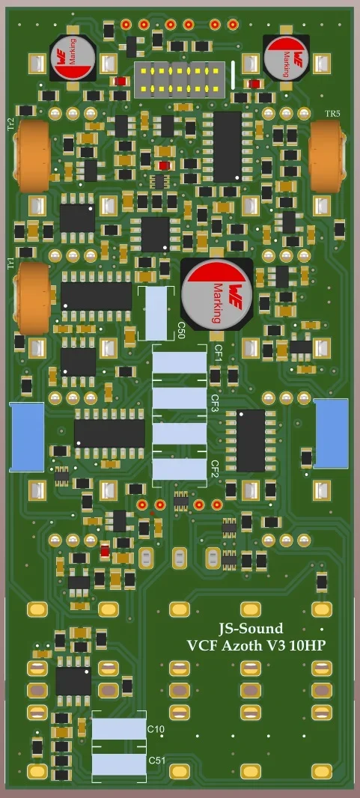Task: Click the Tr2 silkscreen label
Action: [x=10, y=124]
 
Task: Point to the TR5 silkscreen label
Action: [x=332, y=113]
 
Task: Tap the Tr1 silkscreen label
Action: [x=10, y=263]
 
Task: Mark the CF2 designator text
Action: [x=215, y=469]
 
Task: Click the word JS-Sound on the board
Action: [x=250, y=629]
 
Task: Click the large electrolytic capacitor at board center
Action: [x=216, y=294]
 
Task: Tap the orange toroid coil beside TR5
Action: [x=327, y=153]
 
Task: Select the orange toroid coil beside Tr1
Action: [x=32, y=298]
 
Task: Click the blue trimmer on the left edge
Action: [x=26, y=436]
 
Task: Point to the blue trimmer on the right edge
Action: [x=331, y=431]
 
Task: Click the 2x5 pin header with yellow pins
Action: [x=179, y=79]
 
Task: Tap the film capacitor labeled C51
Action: [x=118, y=764]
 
